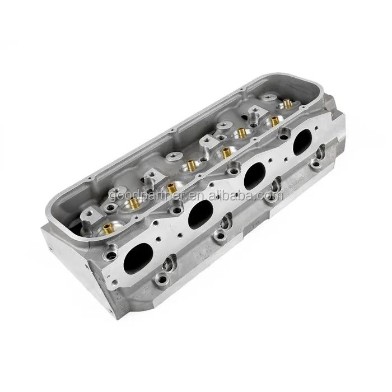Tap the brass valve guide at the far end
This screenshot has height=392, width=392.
(288, 104)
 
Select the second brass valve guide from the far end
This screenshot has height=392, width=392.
(274, 121)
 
